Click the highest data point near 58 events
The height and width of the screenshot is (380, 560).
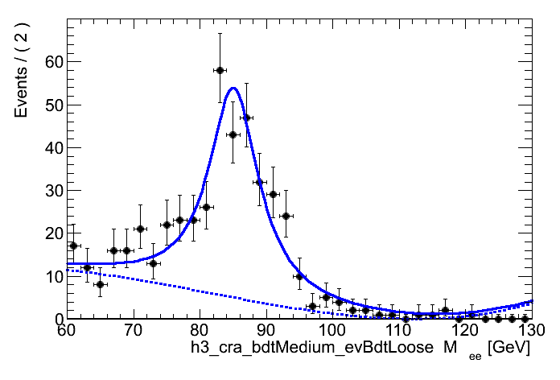[x=219, y=70]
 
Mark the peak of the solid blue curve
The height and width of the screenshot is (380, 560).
[x=232, y=88]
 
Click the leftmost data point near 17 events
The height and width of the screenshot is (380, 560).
[x=73, y=246]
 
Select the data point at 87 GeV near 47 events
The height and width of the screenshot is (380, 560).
[x=245, y=118]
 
